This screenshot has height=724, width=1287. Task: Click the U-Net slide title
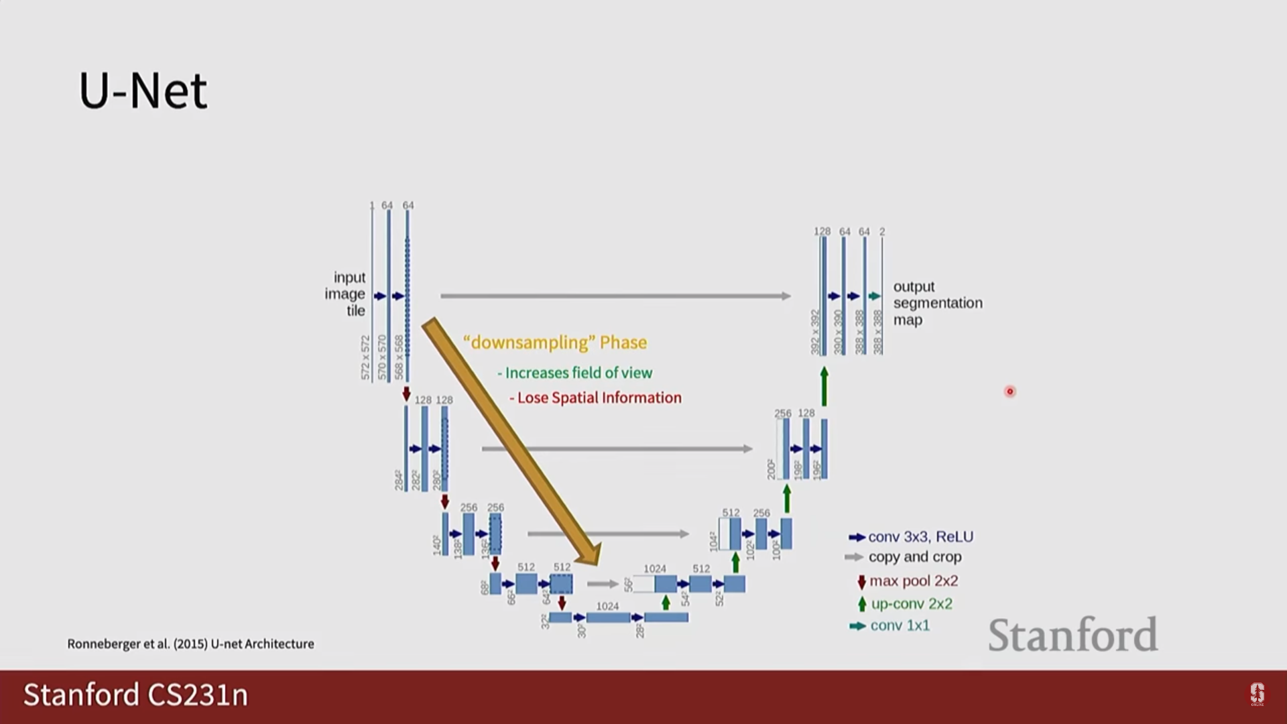point(143,91)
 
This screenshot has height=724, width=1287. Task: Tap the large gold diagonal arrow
point(509,439)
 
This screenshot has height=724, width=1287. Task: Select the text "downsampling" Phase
point(555,343)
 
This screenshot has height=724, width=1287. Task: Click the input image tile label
point(346,294)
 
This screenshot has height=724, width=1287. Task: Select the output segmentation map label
point(937,303)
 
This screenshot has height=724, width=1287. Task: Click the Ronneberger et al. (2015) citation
point(190,644)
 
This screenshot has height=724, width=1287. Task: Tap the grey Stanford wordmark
point(1072,635)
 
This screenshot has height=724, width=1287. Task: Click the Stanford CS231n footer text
point(135,695)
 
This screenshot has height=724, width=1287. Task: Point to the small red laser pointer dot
point(1010,391)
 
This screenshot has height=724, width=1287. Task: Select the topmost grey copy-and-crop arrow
point(615,296)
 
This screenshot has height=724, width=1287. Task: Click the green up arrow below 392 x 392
point(824,386)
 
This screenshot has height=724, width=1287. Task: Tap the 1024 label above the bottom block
point(607,606)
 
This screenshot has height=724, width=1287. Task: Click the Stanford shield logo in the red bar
point(1257,694)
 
